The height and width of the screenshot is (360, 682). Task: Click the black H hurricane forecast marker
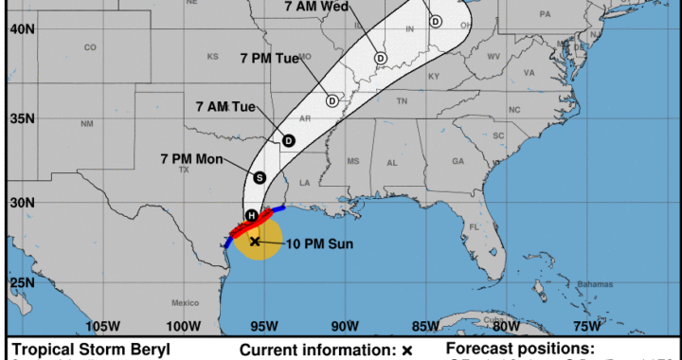point(251,216)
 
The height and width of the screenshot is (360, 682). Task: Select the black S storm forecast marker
point(260,177)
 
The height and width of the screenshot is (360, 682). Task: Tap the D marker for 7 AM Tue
point(288,140)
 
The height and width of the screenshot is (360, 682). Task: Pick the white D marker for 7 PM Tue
point(332,99)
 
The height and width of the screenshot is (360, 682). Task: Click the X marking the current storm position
point(256,242)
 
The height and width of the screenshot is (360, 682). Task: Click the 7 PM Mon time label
point(191,158)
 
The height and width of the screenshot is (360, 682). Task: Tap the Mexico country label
point(185,302)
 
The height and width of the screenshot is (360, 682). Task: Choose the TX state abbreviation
point(185,171)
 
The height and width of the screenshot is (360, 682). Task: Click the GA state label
point(458,161)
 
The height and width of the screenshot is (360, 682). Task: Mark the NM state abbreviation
point(87,124)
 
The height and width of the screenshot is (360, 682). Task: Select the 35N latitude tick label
point(23,119)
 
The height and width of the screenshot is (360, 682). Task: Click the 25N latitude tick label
point(23,282)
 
